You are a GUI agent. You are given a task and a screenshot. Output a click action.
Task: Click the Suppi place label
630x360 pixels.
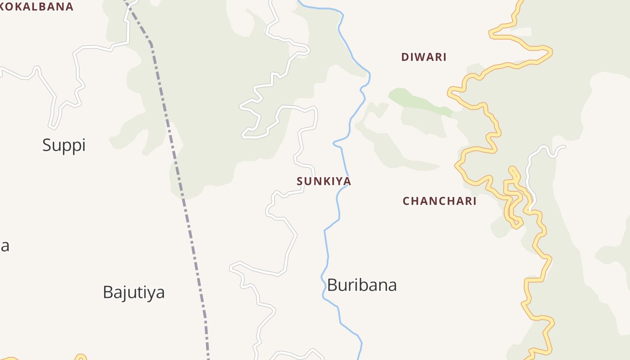point(64,145)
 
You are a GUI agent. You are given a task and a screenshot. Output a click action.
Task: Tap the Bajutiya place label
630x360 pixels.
point(134,292)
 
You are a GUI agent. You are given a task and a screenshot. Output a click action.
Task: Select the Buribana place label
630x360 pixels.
point(362,285)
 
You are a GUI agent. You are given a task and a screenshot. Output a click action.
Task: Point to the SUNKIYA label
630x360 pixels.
point(324,181)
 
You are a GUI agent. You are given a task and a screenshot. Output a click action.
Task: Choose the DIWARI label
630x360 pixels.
point(423,57)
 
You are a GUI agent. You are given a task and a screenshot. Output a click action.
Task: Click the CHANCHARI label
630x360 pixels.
point(439,201)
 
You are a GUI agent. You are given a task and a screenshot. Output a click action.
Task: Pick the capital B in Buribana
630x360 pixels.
point(332,285)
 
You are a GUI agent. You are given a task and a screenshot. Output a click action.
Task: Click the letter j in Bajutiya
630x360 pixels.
point(125,293)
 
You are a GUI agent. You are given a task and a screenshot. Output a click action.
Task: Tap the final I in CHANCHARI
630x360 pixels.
point(474,201)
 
